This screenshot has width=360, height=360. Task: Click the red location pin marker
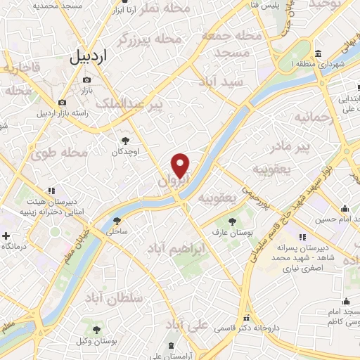181,165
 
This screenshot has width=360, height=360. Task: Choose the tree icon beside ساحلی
117,219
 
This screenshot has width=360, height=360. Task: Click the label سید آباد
221,82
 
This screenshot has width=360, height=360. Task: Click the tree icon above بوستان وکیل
97,330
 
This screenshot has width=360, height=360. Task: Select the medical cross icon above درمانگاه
6,236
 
